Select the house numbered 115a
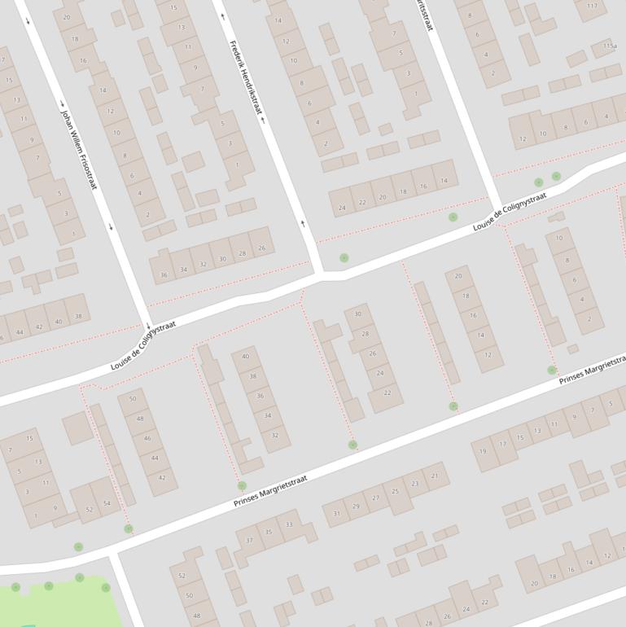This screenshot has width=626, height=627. (610, 47)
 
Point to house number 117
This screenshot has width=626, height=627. (592, 6)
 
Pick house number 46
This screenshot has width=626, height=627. (147, 439)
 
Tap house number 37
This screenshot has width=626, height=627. (249, 541)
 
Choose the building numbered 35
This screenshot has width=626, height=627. (269, 533)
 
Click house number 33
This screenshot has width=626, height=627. (289, 524)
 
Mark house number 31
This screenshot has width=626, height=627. (337, 513)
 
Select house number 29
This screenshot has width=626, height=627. (356, 506)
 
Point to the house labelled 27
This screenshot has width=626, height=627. (375, 498)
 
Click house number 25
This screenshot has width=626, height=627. (396, 491)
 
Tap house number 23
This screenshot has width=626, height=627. (415, 484)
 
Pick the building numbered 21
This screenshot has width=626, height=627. (435, 476)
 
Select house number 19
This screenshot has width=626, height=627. (484, 451)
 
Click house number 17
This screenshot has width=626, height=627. (502, 445)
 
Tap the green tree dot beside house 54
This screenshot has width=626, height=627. (129, 529)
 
